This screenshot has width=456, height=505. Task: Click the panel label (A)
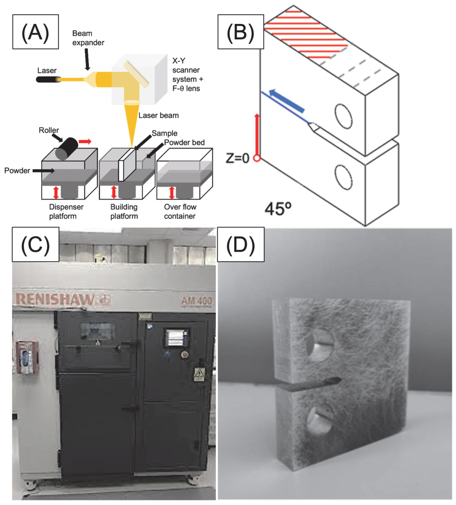tap(35, 32)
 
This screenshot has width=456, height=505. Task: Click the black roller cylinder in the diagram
tap(67, 149)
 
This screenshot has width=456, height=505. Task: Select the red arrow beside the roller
tap(85, 142)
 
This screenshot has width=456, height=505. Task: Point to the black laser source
tap(48, 79)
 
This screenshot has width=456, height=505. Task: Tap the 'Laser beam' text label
tap(158, 115)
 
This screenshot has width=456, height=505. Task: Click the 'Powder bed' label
tap(184, 143)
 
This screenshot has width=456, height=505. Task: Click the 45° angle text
tap(278, 209)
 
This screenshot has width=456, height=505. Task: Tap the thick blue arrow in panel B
tap(286, 100)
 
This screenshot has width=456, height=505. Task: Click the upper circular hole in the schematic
tap(344, 116)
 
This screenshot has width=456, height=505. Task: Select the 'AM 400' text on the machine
tap(197, 301)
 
